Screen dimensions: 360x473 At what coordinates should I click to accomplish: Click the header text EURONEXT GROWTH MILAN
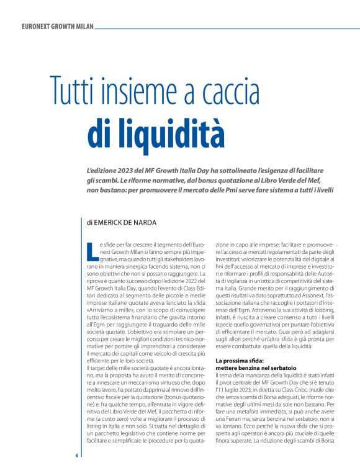(57, 27)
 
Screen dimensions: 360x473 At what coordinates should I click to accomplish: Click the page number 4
(76, 456)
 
